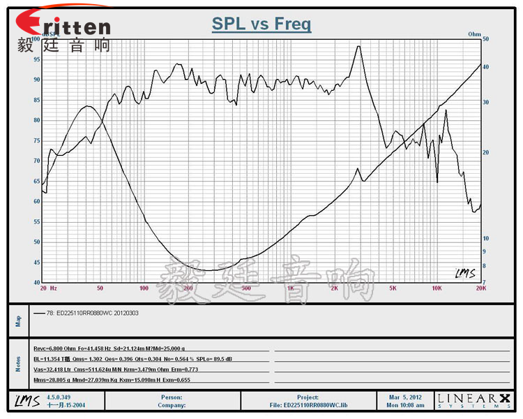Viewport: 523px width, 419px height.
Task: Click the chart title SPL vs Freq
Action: point(261,25)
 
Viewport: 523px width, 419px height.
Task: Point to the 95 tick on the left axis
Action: point(36,59)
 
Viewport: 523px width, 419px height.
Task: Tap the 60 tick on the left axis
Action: point(36,201)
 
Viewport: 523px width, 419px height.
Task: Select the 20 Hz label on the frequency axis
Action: point(48,288)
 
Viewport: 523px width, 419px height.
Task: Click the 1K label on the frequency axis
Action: point(290,288)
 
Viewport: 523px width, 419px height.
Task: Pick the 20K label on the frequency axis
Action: point(480,288)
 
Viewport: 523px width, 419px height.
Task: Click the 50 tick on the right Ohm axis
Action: point(486,40)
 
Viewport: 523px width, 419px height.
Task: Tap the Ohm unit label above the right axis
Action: point(475,34)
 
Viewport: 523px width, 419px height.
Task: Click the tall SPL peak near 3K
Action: point(358,47)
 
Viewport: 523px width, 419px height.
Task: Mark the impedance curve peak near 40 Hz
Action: point(87,106)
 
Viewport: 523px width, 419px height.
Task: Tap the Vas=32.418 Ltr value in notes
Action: point(52,369)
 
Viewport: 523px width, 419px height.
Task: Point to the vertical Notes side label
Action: point(19,363)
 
